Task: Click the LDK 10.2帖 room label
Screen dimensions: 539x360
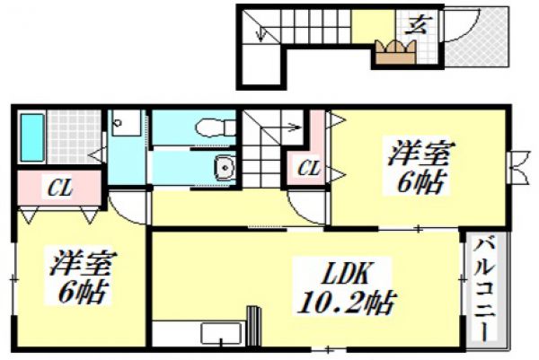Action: coord(346,288)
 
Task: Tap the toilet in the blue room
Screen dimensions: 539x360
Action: coord(216,127)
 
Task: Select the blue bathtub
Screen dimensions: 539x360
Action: coord(32,137)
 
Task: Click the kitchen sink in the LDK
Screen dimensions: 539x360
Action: coord(221,333)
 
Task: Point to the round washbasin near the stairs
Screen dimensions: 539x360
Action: coord(225,168)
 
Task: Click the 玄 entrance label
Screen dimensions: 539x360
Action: coord(417,25)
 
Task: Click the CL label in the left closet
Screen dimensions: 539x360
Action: coord(60,189)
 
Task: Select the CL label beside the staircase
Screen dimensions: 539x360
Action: coord(309,168)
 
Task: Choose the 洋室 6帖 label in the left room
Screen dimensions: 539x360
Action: coord(81,277)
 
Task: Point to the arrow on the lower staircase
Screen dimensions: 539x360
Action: coord(281,127)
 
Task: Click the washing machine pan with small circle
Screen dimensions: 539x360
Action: coord(127,123)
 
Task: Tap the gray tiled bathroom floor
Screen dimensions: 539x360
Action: coord(75,136)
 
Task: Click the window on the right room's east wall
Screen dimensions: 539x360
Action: coord(516,167)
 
